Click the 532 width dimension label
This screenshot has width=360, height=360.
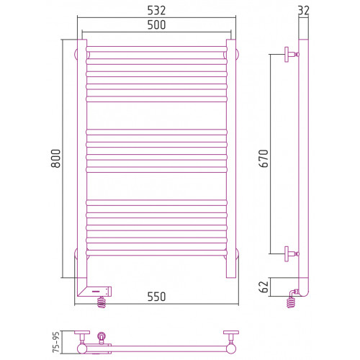coord(156,11)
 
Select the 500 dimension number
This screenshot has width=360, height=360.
coord(156,25)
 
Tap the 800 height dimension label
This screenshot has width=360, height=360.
coord(55,158)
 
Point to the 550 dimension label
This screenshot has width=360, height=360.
coord(156,297)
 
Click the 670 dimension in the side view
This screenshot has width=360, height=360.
coord(264,158)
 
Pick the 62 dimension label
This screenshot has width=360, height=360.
coord(264,287)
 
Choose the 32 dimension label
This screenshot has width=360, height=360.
coord(303,11)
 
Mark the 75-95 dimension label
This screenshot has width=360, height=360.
coord(56,342)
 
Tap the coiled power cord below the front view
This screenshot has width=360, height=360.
coord(102,302)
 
